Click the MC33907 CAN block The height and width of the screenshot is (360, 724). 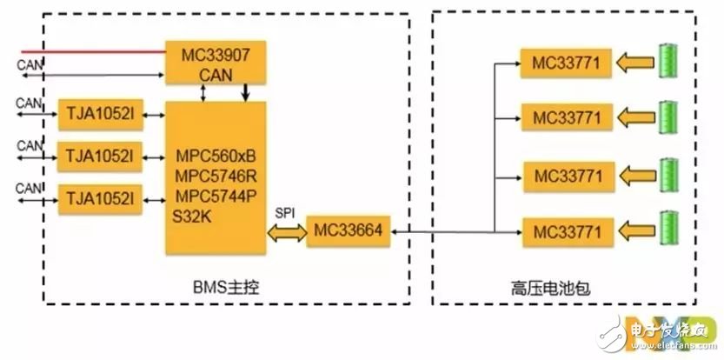(216, 63)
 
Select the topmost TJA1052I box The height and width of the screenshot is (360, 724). (101, 114)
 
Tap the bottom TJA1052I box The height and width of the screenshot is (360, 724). (100, 199)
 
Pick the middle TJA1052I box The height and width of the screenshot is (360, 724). (100, 157)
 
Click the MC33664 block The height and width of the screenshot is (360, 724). (349, 231)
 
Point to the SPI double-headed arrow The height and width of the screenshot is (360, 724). (287, 233)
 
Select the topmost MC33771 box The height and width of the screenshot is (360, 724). (566, 63)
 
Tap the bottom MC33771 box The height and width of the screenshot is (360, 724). (568, 232)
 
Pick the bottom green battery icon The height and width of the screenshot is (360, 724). (668, 228)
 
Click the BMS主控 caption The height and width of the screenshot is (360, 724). (226, 289)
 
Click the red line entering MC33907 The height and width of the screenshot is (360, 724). (94, 51)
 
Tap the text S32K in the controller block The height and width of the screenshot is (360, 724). (192, 217)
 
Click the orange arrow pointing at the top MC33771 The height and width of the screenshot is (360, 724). (635, 63)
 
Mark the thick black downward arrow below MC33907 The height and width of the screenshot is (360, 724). (245, 92)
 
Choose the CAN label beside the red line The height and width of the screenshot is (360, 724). (30, 64)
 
